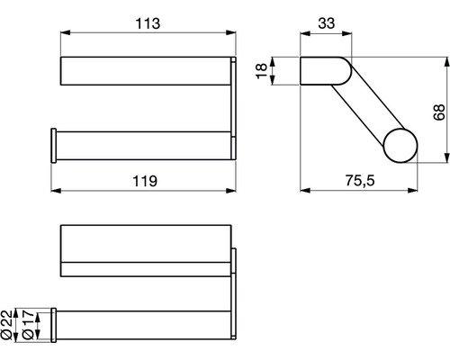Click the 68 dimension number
(437, 112)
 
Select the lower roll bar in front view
(144, 145)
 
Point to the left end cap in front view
(52, 145)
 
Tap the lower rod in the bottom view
(144, 323)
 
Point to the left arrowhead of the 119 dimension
(54, 192)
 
